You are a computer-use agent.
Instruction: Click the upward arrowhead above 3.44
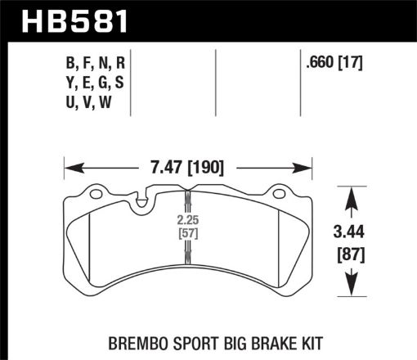point(351,196)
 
